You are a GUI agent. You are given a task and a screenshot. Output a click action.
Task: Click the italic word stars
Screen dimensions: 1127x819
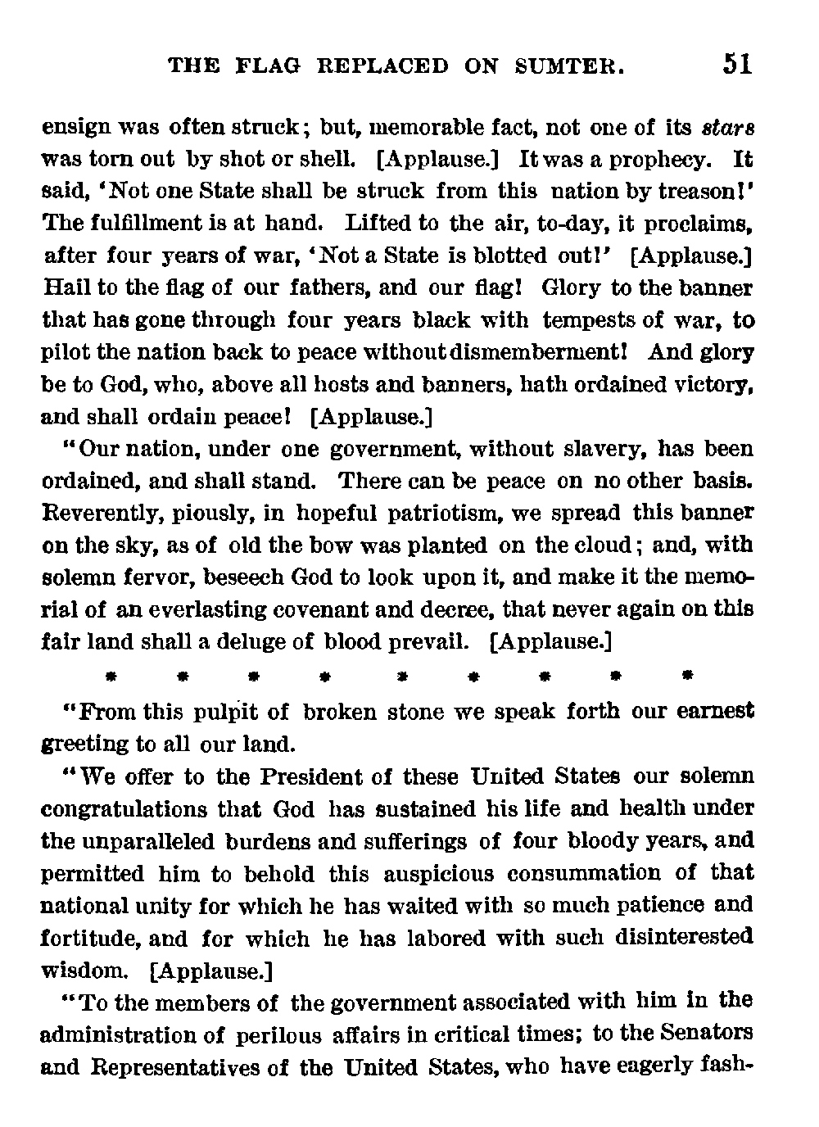click(727, 129)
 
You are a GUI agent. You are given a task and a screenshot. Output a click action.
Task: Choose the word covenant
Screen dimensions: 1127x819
click(381, 610)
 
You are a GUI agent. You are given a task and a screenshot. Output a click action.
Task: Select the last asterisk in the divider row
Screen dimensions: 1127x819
click(688, 677)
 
